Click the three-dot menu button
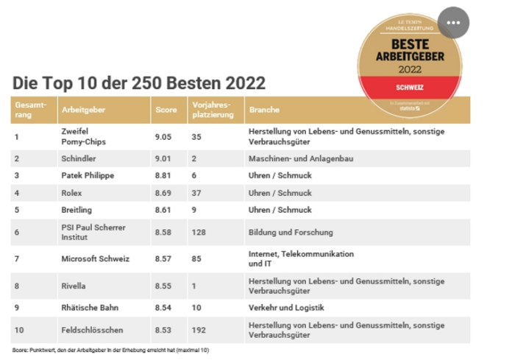coord(452,22)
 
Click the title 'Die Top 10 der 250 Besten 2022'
coord(138,82)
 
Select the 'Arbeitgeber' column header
coord(85,109)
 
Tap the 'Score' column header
coord(166,109)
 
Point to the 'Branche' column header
coord(265,109)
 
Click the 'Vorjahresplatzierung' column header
coord(213,109)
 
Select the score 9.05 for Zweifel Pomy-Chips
coord(165,136)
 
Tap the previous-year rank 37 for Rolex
coord(196,194)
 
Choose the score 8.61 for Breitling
coord(165,211)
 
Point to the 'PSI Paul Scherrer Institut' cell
coord(93,232)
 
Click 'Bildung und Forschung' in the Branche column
coord(289,232)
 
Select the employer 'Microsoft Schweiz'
coord(96,258)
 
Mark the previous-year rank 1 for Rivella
coord(194,285)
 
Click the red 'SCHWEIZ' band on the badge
coord(408,88)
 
